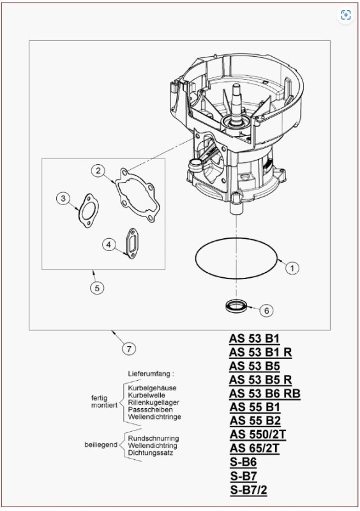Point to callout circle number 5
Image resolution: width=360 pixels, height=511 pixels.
[x=96, y=288]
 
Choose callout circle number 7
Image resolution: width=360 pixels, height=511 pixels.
[x=130, y=349]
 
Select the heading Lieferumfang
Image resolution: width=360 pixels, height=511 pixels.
[x=151, y=373]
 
